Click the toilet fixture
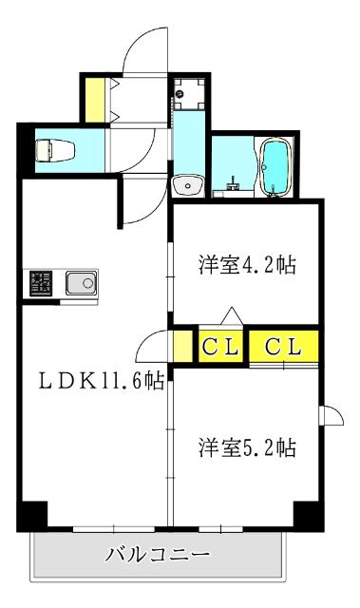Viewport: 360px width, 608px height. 47,149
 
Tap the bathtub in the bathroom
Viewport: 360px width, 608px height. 276,167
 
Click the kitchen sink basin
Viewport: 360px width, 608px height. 81,282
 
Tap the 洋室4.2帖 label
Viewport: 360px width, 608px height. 247,265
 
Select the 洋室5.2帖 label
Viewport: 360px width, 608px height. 247,446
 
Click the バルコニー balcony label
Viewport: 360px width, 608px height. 158,553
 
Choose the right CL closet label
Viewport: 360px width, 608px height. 283,346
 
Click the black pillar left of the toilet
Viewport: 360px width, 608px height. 25,147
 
